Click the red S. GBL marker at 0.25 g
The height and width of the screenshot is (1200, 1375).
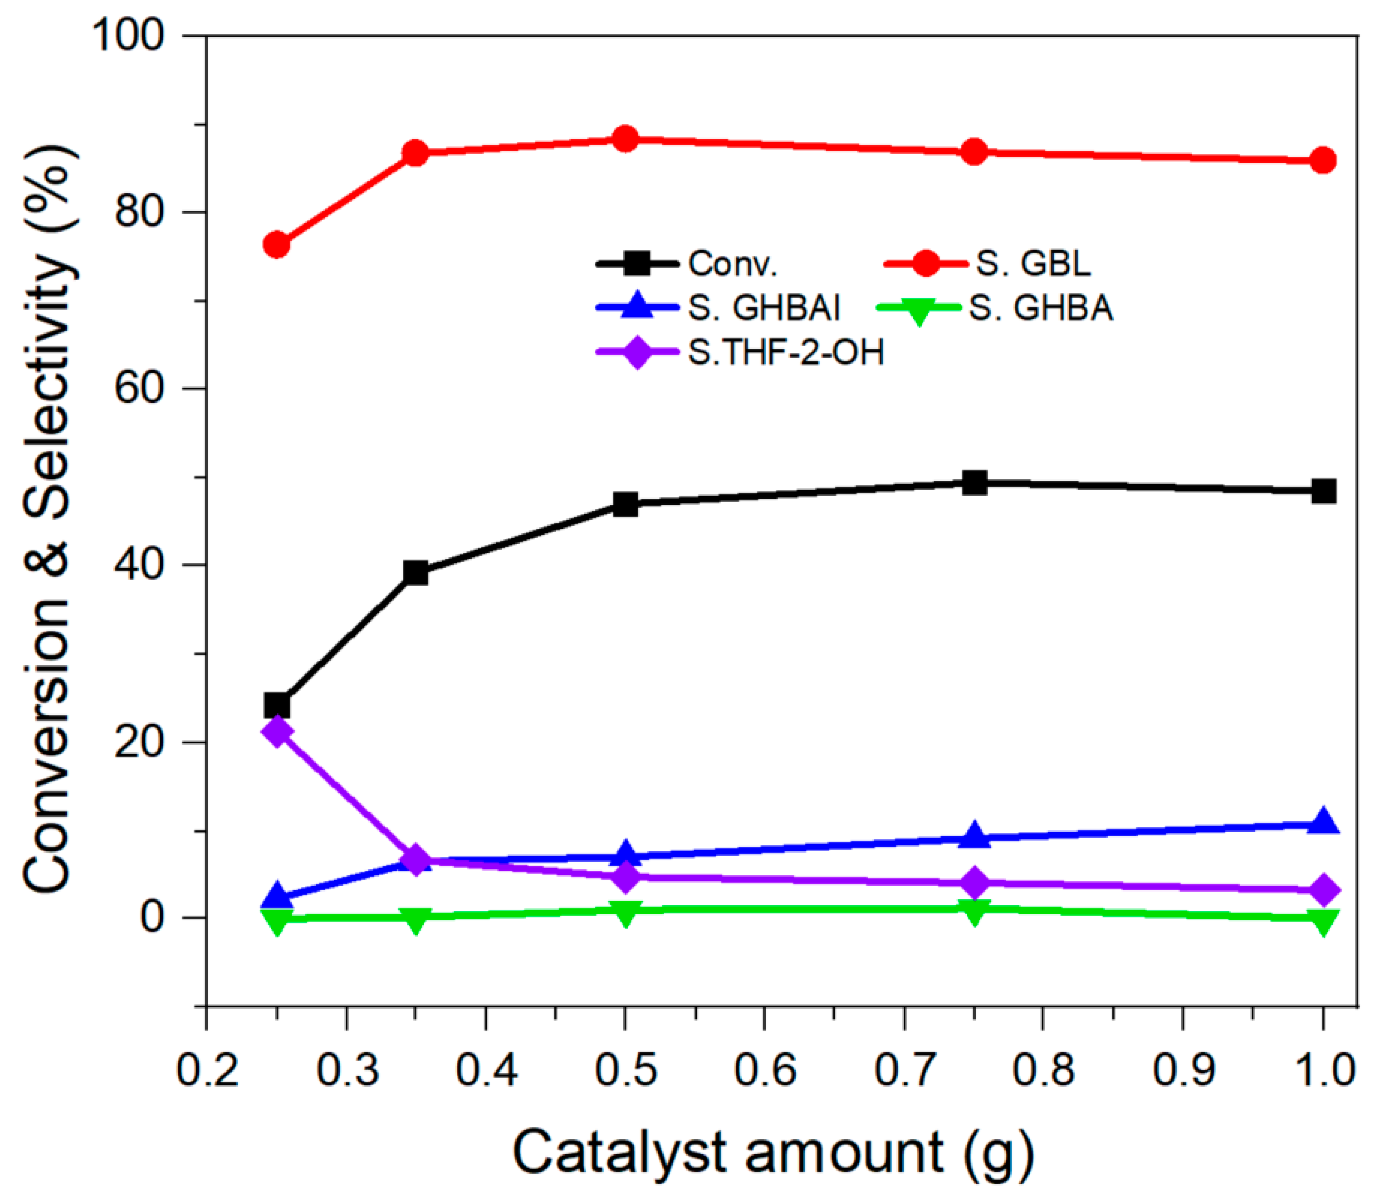coord(277,245)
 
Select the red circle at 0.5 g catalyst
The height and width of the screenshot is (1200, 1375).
coord(625,139)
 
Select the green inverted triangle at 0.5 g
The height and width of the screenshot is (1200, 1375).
coord(625,913)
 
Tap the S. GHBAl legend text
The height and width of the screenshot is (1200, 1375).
coord(763,308)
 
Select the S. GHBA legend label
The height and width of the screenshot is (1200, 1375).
coord(1041,308)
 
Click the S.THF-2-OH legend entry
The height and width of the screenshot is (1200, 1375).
coord(786,352)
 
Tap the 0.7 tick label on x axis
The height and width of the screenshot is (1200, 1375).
coord(904,1070)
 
